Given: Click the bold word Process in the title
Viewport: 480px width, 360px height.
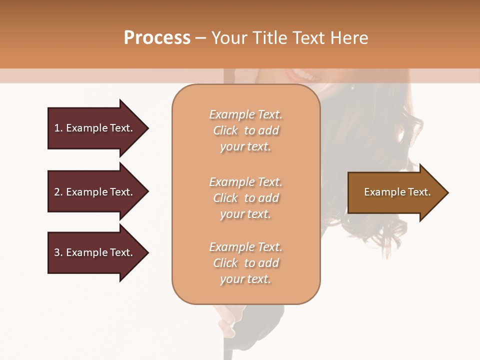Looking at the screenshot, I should [x=157, y=38].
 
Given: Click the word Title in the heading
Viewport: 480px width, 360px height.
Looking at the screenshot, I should [x=268, y=38].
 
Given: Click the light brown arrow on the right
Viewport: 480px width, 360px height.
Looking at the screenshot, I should [x=395, y=192].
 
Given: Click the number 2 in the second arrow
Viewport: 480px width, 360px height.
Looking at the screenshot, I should [x=57, y=192].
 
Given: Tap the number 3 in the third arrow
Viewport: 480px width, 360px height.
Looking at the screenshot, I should [x=57, y=252].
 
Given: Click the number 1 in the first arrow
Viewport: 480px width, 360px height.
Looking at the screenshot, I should [x=57, y=128].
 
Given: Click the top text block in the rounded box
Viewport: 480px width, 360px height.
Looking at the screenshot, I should [x=245, y=130].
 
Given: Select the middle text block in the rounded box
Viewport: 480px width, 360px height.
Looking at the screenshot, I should [x=245, y=198].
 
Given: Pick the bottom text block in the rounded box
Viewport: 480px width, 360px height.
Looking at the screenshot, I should [x=245, y=263].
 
